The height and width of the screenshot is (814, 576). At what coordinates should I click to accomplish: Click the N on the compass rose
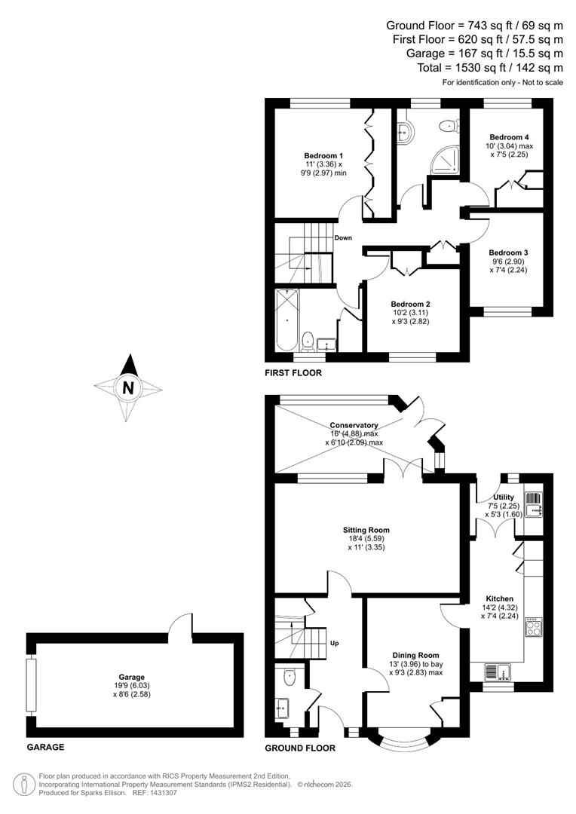coord(128,389)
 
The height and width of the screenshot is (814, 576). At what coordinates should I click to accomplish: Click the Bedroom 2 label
coord(410,304)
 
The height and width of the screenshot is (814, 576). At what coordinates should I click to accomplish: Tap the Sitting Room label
coord(366,530)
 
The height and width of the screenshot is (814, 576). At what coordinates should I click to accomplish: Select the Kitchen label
coord(499,598)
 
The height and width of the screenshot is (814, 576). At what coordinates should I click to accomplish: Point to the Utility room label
coord(504,497)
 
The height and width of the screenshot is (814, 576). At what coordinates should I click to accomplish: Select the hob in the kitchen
coord(533,626)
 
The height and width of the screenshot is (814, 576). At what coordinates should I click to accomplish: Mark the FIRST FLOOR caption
coord(293,373)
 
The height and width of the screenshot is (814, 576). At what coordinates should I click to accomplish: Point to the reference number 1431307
coord(159,793)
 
